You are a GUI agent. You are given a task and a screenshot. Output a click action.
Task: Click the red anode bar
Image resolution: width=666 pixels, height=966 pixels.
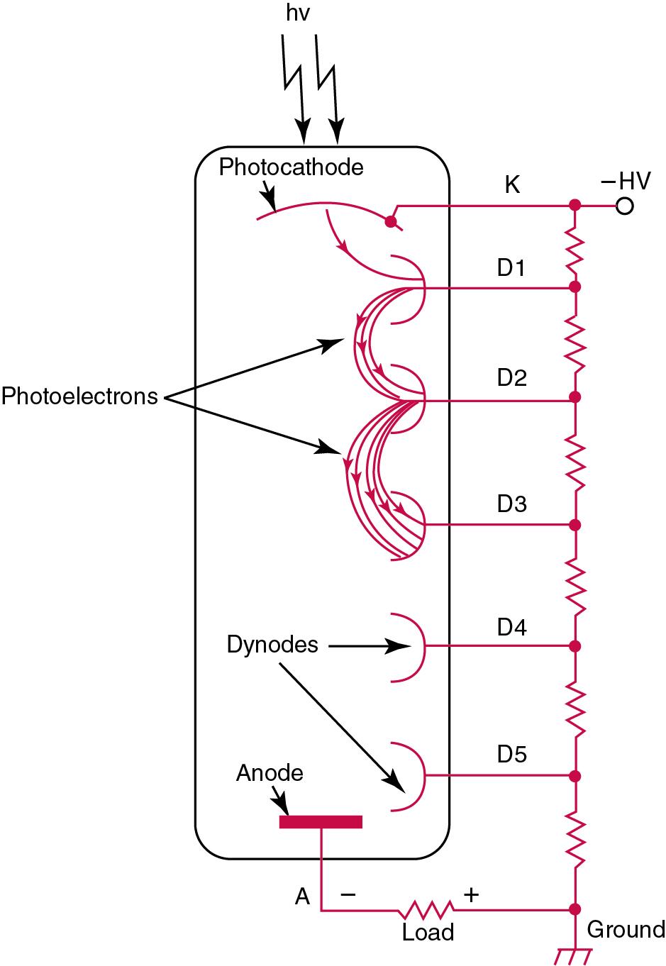[x=321, y=821]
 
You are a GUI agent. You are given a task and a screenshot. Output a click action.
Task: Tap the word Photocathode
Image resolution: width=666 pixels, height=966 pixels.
[x=291, y=167]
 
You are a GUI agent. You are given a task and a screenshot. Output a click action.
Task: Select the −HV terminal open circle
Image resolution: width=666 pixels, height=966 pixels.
[x=624, y=206]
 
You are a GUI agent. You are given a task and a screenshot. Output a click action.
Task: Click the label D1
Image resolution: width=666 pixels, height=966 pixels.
[x=511, y=269]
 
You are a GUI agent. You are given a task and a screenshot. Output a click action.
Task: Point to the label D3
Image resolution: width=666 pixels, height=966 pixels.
[x=511, y=504]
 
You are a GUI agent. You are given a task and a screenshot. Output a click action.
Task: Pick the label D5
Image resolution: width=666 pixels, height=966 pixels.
[x=511, y=754]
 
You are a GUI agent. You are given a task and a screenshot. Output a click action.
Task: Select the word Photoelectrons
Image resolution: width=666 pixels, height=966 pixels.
[x=79, y=396]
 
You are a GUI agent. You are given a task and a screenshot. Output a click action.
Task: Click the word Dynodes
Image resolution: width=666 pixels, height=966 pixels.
[x=272, y=645]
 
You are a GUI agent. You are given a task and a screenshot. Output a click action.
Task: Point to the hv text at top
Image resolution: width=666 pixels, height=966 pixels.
[x=298, y=13]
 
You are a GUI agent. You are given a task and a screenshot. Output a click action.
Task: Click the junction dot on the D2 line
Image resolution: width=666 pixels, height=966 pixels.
[x=575, y=396]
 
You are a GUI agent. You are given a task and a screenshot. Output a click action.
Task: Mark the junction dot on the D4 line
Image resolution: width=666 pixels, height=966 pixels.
[x=575, y=646]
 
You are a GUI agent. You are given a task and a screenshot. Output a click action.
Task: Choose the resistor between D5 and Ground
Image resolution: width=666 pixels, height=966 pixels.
[x=575, y=841]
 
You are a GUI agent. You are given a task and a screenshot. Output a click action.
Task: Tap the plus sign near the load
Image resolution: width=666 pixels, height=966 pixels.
[x=471, y=895]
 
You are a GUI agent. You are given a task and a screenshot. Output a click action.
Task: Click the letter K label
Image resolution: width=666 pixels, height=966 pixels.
[x=512, y=186]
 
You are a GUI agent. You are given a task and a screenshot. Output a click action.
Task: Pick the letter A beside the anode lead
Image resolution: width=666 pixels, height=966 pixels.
[x=303, y=897]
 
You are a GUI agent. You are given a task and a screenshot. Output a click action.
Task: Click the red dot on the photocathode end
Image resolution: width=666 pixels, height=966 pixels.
[x=389, y=221]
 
